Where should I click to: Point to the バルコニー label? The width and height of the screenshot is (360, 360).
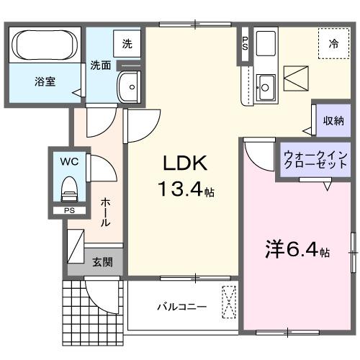coord(182,307)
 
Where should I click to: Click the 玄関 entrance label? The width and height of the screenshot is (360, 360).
coord(102,262)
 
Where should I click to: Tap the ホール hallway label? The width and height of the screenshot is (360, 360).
coord(106,212)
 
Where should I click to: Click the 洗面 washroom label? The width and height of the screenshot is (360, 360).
coord(100,65)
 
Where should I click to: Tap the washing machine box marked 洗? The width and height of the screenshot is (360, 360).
coord(127,43)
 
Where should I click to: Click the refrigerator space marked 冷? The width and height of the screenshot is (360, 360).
coord(333,44)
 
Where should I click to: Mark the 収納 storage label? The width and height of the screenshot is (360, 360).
coord(333,120)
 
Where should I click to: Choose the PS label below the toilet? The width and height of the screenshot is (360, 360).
coord(69,211)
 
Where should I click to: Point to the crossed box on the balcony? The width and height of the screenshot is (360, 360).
coord(230,302)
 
